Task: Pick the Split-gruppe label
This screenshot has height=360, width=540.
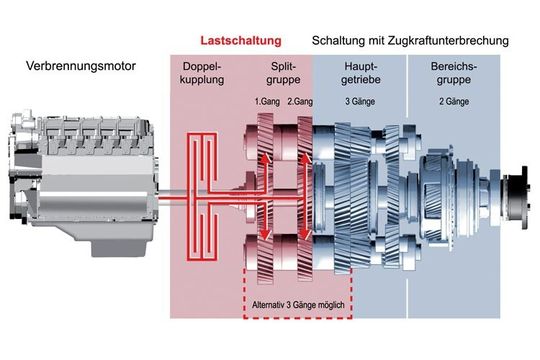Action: [284, 72]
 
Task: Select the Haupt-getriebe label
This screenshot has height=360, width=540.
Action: [359, 72]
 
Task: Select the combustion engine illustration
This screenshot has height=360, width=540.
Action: [75, 180]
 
